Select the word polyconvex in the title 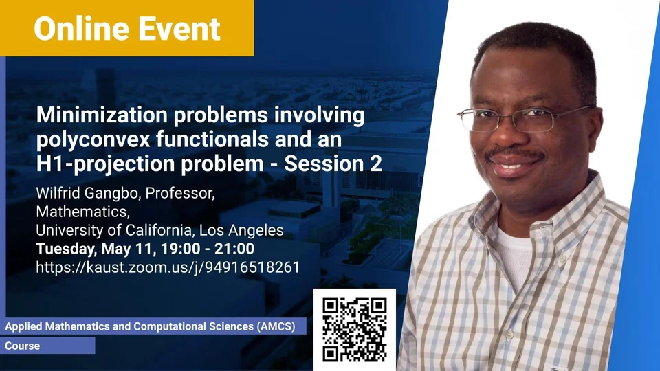pos(93,139)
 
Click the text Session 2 pos(333,164)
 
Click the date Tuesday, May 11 pos(94,249)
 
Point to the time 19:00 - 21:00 pos(208,249)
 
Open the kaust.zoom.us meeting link pos(168,267)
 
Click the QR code pos(355,330)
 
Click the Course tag pos(22,346)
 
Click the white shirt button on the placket pos(509,335)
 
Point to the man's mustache pos(512,154)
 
